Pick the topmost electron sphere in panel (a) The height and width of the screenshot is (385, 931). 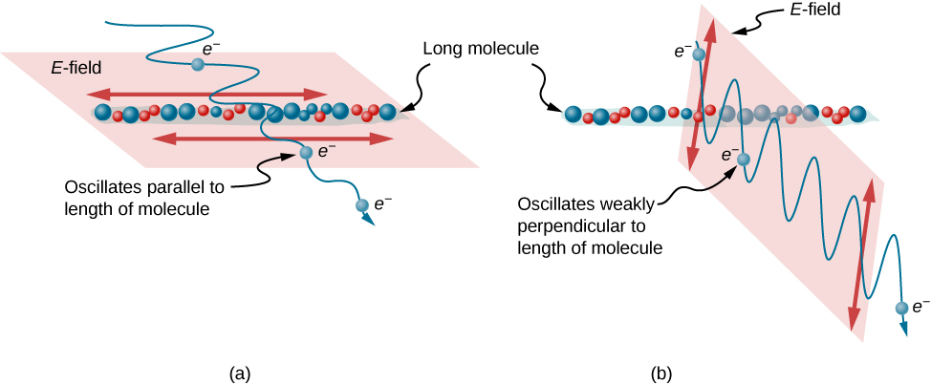coord(198,64)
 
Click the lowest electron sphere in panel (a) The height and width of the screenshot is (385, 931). coord(361,204)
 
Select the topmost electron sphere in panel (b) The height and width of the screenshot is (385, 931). coord(700,55)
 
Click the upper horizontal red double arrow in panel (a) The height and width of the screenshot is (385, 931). coord(208,94)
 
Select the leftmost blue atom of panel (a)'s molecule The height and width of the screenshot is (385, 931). coord(102,112)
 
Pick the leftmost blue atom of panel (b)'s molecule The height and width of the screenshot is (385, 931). coord(573,115)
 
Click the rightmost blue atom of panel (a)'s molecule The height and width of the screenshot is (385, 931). coord(387,113)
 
